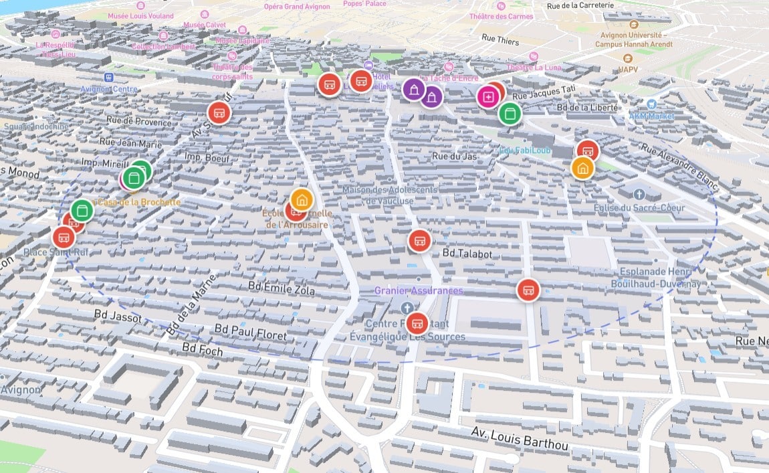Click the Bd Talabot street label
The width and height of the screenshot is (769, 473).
tap(467, 254)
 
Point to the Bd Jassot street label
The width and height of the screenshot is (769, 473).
tap(118, 316)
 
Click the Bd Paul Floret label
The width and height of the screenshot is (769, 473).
tap(251, 332)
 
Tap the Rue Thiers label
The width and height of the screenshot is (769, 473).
tap(500, 40)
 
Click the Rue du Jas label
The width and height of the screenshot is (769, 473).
tap(455, 156)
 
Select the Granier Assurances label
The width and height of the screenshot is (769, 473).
tap(419, 290)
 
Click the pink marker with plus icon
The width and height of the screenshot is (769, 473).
tap(488, 98)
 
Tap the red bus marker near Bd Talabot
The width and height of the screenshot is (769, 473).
tap(420, 240)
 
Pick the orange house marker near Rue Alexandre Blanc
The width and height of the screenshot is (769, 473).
tap(583, 168)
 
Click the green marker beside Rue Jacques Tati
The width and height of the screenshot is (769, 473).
tap(510, 113)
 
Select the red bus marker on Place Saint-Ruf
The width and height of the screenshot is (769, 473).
tap(64, 236)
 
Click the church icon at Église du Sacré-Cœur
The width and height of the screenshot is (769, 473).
tap(639, 194)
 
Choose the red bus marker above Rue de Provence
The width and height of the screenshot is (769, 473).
tap(219, 112)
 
